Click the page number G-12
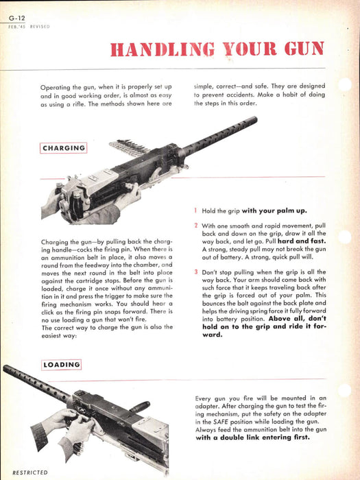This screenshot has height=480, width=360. (x=17, y=18)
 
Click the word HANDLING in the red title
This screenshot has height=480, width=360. (x=163, y=49)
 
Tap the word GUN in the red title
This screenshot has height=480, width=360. (x=304, y=49)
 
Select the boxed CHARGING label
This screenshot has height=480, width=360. (x=63, y=148)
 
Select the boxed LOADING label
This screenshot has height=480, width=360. (x=61, y=365)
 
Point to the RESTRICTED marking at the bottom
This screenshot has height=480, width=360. (x=30, y=472)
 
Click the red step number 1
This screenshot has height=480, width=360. (x=195, y=211)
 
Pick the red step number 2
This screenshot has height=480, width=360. (x=196, y=226)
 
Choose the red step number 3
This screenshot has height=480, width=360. (x=196, y=272)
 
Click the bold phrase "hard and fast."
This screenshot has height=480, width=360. (x=302, y=241)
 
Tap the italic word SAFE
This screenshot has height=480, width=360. (x=221, y=422)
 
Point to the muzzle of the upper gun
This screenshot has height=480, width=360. (x=254, y=120)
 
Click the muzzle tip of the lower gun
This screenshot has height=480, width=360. (x=6, y=368)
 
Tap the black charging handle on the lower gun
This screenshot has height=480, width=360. (x=140, y=407)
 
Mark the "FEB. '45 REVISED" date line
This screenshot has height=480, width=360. (x=29, y=27)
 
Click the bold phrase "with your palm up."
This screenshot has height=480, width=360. (x=274, y=211)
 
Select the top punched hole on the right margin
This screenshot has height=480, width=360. (x=344, y=84)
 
